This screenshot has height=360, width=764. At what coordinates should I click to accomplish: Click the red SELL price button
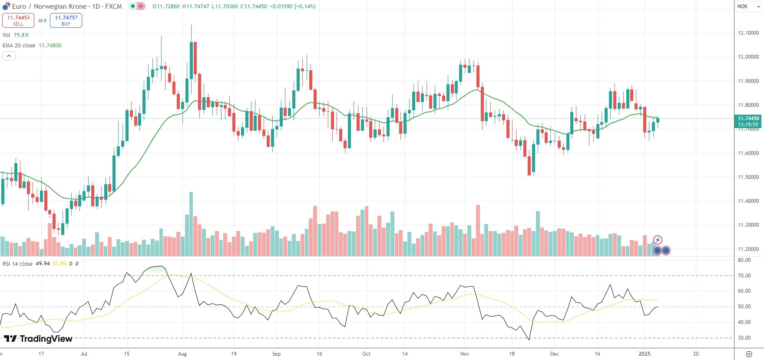click(18, 20)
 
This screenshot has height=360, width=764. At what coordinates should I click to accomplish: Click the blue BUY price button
click(66, 20)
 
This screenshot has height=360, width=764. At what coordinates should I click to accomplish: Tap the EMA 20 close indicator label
click(19, 46)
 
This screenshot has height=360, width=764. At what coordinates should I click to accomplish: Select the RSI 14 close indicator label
click(17, 264)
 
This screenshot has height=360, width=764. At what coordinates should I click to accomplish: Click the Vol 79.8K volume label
click(16, 35)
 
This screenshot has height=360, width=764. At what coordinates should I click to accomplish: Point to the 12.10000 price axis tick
click(748, 33)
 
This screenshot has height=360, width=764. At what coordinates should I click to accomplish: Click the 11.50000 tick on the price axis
click(748, 177)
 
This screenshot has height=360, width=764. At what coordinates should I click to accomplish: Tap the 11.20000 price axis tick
click(748, 249)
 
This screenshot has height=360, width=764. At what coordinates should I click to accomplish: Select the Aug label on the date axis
click(182, 354)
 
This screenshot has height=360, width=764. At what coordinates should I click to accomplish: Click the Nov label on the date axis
click(465, 354)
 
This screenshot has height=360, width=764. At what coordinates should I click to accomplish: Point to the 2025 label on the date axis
click(645, 354)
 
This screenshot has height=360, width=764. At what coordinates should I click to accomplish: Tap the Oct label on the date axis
click(366, 354)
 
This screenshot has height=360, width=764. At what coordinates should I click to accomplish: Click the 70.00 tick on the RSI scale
click(744, 276)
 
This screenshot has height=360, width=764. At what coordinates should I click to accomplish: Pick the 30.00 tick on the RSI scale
click(744, 338)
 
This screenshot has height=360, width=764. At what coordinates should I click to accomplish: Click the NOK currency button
click(743, 7)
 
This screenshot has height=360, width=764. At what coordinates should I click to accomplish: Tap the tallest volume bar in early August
click(191, 224)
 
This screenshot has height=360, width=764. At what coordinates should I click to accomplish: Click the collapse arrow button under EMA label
click(9, 56)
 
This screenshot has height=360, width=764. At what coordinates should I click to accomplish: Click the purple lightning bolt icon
click(658, 240)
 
